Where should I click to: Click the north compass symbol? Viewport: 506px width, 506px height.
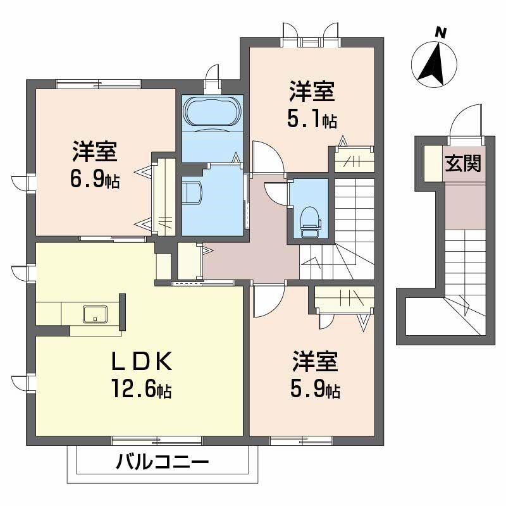pyautogui.click(x=435, y=63)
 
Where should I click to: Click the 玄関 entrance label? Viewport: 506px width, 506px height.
pyautogui.click(x=462, y=164)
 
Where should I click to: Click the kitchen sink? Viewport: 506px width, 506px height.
pyautogui.click(x=93, y=313)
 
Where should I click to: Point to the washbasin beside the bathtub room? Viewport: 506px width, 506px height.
pyautogui.click(x=192, y=192)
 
